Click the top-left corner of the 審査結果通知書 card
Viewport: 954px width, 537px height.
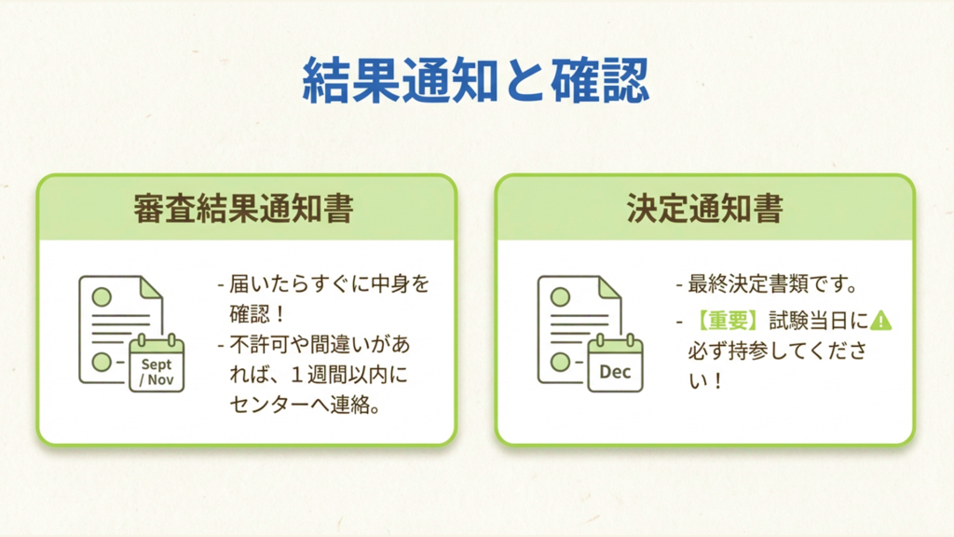37,176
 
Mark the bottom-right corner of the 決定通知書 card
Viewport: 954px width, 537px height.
914,445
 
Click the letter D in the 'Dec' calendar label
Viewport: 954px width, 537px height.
605,371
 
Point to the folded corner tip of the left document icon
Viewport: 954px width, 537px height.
162,297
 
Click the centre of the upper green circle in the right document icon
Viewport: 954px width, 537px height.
560,297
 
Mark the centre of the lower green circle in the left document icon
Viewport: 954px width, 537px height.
102,362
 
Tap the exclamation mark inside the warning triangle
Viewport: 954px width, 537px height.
880,321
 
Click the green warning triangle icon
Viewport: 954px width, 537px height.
880,321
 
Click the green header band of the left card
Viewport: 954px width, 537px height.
246,208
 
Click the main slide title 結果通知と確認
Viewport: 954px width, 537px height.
476,80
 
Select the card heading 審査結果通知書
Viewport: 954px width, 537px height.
243,208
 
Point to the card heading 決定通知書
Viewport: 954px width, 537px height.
704,208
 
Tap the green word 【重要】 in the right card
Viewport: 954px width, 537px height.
728,321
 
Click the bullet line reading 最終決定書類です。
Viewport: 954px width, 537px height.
768,283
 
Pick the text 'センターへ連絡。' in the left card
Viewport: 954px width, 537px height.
305,405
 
